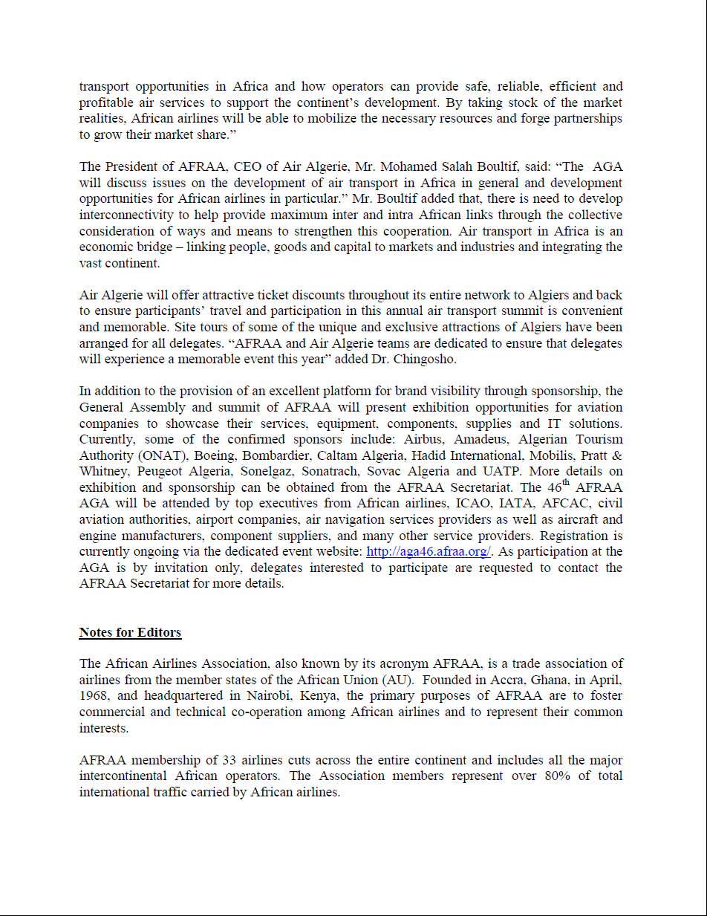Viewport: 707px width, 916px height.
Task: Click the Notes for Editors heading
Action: pyautogui.click(x=130, y=633)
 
